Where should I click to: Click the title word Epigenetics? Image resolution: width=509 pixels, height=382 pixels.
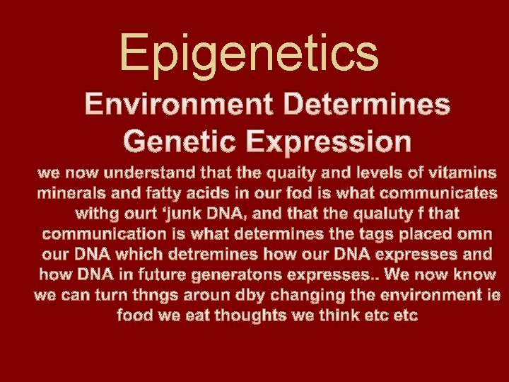(x=249, y=53)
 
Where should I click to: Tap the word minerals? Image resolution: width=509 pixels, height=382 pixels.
(x=71, y=192)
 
